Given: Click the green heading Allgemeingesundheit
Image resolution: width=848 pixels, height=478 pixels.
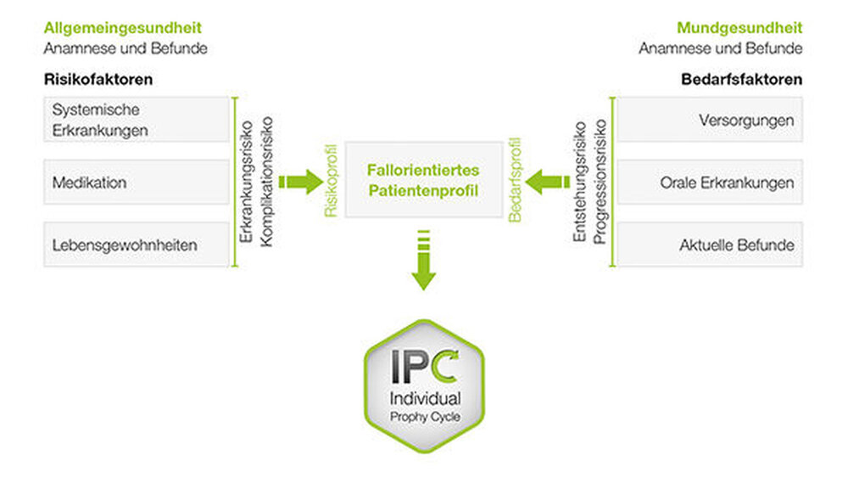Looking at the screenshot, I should [123, 28].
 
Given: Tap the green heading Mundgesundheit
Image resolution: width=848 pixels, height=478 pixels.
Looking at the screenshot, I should [739, 28].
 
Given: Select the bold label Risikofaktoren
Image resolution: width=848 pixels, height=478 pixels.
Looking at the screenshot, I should [98, 81].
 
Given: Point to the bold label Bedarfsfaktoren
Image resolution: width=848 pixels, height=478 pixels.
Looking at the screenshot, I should [742, 81].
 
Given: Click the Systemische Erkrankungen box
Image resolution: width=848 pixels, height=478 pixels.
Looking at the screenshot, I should [136, 120].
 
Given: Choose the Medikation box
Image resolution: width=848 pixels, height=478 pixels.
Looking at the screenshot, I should [136, 182].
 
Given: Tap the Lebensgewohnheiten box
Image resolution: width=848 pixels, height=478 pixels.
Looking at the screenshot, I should [136, 245].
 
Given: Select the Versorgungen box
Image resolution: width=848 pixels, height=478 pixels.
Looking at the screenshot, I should [709, 120].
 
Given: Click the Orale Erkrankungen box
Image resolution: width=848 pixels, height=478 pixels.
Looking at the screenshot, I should [709, 182].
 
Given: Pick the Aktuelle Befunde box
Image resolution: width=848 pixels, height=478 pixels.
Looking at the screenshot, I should [709, 245].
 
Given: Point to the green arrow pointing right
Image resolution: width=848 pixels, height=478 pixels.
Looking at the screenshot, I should [300, 181].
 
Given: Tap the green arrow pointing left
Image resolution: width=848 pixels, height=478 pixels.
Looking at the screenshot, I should [547, 181].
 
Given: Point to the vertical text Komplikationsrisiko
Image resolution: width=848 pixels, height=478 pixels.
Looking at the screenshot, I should [267, 181].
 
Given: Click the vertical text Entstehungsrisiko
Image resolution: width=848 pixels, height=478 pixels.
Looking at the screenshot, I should [580, 182].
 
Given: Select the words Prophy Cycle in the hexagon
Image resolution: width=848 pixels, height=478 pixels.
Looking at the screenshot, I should [425, 415].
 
